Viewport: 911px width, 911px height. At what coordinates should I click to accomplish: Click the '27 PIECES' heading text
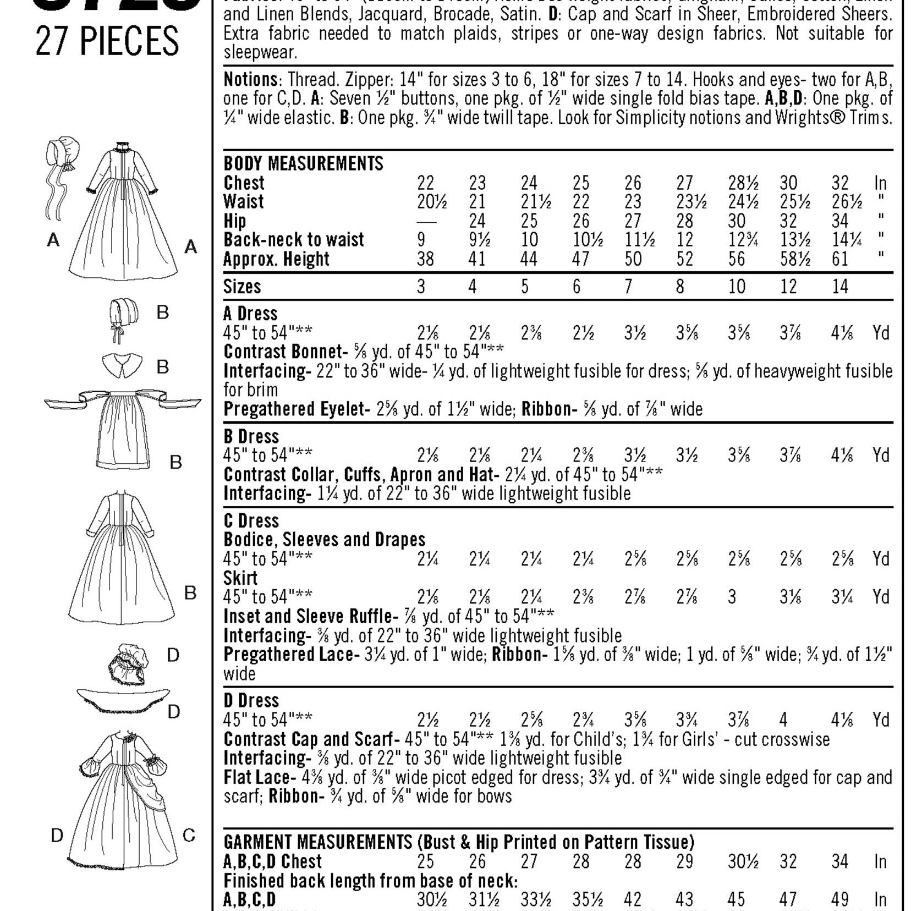pos(107,41)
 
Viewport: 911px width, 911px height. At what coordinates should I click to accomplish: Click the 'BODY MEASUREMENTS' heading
pos(303,163)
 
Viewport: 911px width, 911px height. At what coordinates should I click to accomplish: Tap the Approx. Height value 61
pos(840,259)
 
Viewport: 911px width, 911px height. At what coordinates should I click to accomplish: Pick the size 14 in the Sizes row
pos(840,287)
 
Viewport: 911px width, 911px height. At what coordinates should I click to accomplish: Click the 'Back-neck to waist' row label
pos(293,240)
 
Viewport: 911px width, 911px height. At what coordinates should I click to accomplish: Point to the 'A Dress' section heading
pos(250,314)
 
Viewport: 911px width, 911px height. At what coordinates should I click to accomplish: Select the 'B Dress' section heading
pos(251,436)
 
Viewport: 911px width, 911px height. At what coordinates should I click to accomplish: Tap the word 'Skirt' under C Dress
pos(240,578)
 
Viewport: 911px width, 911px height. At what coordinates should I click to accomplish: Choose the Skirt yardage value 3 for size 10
pos(732,597)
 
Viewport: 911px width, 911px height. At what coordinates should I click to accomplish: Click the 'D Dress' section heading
pos(251,700)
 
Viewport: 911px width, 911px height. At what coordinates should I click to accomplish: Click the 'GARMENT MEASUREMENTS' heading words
pos(317,842)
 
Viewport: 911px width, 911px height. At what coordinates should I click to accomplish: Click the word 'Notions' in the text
pos(250,80)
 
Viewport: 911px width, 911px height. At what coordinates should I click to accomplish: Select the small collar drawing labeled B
pos(122,365)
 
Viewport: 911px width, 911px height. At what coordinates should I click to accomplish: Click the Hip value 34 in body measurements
pos(840,221)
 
